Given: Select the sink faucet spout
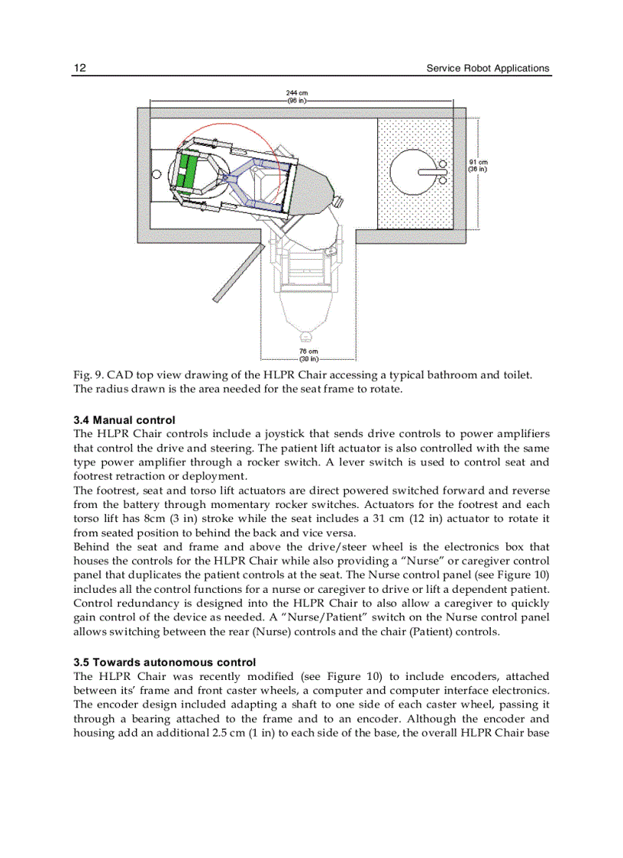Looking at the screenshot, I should (431, 172).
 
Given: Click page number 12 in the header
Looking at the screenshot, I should (79, 68).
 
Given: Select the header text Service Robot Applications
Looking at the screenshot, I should (487, 68).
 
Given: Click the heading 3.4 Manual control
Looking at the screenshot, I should (124, 420).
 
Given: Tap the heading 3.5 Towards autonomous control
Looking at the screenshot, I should (164, 662).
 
